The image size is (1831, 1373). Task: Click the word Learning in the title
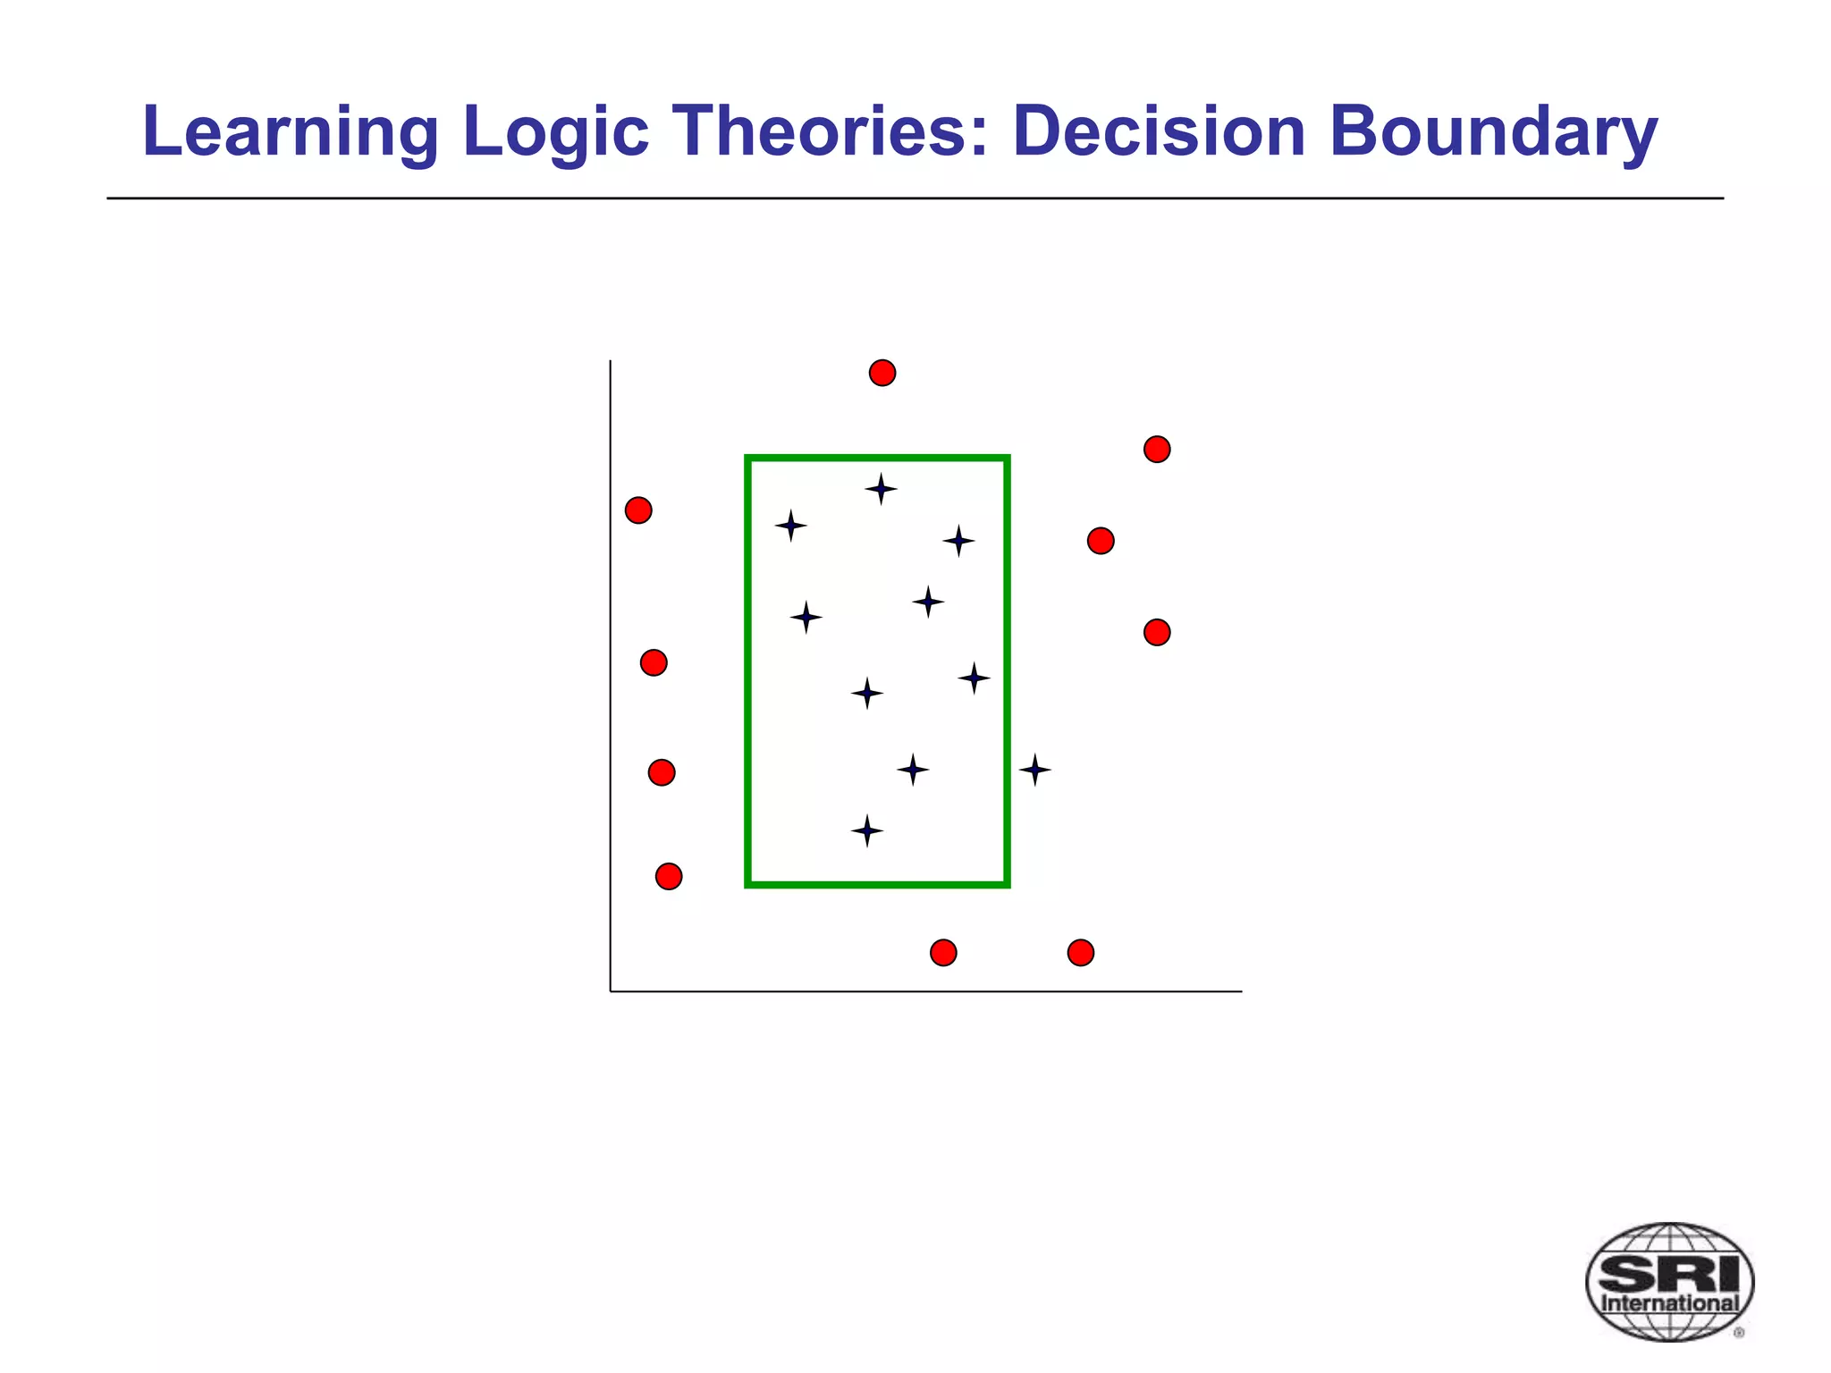pyautogui.click(x=290, y=131)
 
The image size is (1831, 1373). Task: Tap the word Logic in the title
pyautogui.click(x=555, y=131)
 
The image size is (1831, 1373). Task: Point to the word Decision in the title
pyautogui.click(x=1159, y=131)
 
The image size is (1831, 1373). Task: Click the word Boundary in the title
pyautogui.click(x=1492, y=131)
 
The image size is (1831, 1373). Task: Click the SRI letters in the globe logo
pyautogui.click(x=1669, y=1273)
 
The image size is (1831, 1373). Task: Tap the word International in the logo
pyautogui.click(x=1669, y=1303)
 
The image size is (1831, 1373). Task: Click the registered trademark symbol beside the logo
pyautogui.click(x=1739, y=1333)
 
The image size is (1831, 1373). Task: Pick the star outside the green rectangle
pyautogui.click(x=1034, y=769)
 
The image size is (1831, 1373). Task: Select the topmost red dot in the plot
pyautogui.click(x=882, y=373)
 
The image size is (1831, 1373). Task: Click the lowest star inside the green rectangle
pyautogui.click(x=866, y=830)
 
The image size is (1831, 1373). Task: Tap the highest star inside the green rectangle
pyautogui.click(x=881, y=489)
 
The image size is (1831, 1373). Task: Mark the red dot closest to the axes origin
pyautogui.click(x=669, y=876)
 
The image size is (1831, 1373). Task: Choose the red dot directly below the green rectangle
pyautogui.click(x=943, y=953)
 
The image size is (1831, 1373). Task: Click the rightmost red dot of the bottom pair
pyautogui.click(x=1081, y=953)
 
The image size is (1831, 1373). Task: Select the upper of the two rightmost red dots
pyautogui.click(x=1157, y=449)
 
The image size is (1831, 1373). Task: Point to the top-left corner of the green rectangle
pyautogui.click(x=748, y=459)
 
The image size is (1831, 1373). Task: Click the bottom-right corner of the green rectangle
pyautogui.click(x=1007, y=884)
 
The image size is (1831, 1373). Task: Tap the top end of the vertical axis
pyautogui.click(x=611, y=362)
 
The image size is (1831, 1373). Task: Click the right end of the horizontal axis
pyautogui.click(x=1240, y=991)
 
